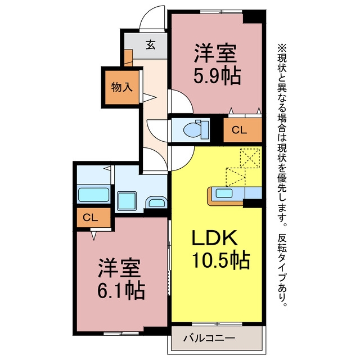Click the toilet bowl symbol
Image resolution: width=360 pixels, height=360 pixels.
pyautogui.click(x=196, y=129)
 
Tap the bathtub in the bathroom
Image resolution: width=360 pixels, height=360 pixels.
pyautogui.click(x=94, y=195)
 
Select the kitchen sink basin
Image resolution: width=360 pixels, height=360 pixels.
pyautogui.click(x=224, y=193)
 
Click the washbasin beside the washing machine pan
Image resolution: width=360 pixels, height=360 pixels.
pyautogui.click(x=156, y=202)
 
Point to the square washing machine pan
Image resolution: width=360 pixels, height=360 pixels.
pyautogui.click(x=127, y=201)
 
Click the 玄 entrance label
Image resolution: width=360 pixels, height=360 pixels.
pyautogui.click(x=151, y=45)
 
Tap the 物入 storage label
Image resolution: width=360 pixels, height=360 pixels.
pyautogui.click(x=121, y=87)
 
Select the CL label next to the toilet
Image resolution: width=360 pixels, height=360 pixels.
pyautogui.click(x=239, y=130)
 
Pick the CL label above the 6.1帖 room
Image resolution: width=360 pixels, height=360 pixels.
pyautogui.click(x=90, y=218)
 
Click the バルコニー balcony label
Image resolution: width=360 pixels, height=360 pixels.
pyautogui.click(x=209, y=338)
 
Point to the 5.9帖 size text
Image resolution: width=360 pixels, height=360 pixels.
pyautogui.click(x=217, y=76)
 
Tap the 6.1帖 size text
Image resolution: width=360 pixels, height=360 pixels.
pyautogui.click(x=121, y=291)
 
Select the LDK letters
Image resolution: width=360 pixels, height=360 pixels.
pyautogui.click(x=214, y=238)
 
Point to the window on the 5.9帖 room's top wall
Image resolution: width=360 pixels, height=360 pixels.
pyautogui.click(x=221, y=11)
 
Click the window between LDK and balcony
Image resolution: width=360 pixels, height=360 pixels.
pyautogui.click(x=217, y=324)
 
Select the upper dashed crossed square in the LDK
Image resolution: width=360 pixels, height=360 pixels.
pyautogui.click(x=250, y=158)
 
